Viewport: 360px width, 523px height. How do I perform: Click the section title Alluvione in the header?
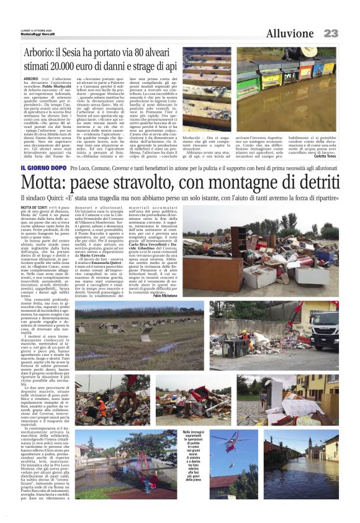click(290, 33)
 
